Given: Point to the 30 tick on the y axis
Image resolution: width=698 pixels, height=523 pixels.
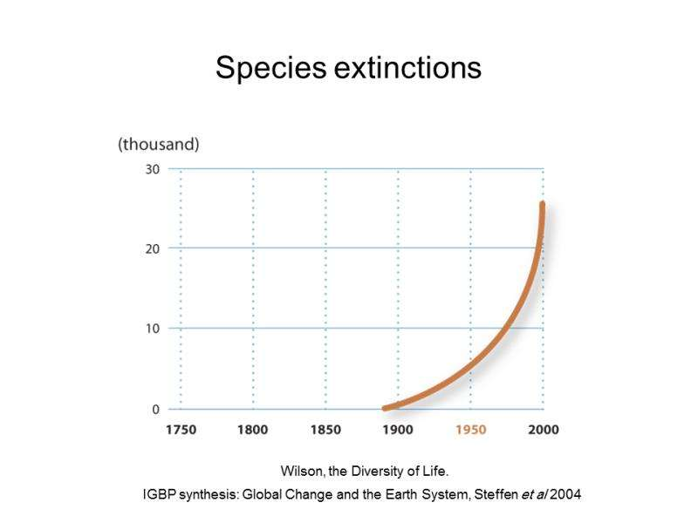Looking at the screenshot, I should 152,169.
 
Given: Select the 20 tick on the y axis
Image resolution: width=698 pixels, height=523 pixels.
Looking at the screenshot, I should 152,248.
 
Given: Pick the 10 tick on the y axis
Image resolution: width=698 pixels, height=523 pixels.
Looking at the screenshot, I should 152,329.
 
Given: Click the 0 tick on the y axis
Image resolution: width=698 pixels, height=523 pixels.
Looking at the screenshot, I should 155,409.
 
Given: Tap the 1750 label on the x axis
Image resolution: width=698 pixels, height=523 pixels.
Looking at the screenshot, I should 181,430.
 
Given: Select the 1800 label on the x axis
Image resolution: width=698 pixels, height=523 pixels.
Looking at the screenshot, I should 253,430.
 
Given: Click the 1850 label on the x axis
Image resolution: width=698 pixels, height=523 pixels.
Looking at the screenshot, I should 325,430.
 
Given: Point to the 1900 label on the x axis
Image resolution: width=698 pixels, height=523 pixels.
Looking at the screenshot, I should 398,430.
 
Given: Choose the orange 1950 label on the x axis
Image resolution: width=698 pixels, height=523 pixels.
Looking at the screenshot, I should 470,430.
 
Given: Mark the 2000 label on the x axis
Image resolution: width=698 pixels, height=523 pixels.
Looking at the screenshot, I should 543,430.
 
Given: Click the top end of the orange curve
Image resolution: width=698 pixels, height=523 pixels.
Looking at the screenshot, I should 542,205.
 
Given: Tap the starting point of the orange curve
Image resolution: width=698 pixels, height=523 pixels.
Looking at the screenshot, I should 386,408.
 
